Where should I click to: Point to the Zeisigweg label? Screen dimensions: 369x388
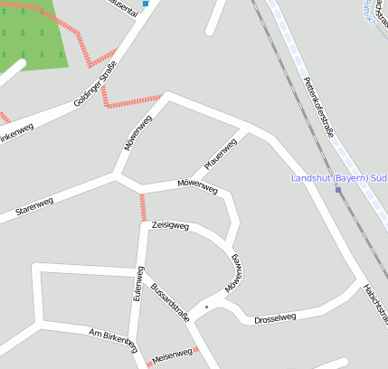click(x=170, y=225)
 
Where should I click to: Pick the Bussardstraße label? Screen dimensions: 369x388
click(x=171, y=301)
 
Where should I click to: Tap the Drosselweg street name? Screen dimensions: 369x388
click(x=275, y=318)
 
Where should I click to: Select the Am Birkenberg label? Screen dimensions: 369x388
click(x=113, y=340)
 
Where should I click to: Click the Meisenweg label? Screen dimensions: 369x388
click(x=174, y=354)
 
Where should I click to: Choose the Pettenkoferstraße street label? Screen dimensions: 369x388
click(x=318, y=108)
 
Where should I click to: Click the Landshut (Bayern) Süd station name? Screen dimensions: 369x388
click(x=338, y=178)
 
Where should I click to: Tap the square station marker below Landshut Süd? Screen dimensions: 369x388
click(x=338, y=190)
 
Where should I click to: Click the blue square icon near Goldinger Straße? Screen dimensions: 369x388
click(x=146, y=4)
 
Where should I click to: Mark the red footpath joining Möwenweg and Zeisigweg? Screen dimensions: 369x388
click(x=143, y=207)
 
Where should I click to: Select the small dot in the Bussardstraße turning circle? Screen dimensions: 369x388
click(x=206, y=307)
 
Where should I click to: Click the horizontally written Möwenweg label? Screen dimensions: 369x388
click(x=198, y=187)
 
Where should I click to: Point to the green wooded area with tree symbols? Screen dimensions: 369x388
click(x=32, y=36)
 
